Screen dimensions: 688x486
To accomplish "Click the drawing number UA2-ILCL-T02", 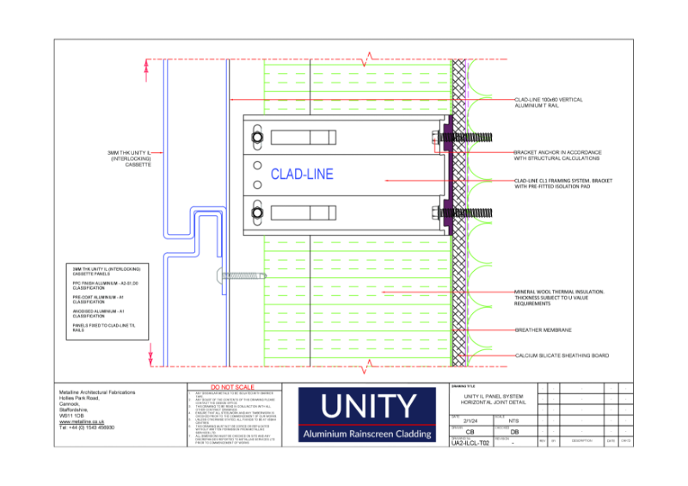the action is [x=470, y=443].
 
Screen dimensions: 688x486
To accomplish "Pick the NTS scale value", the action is [x=514, y=421].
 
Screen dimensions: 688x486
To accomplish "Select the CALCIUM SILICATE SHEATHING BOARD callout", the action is [x=562, y=354].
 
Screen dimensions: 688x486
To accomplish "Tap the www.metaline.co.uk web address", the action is [x=83, y=422].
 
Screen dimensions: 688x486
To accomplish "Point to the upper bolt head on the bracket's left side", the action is [x=256, y=138].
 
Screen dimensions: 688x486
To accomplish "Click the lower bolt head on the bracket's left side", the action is [x=256, y=212].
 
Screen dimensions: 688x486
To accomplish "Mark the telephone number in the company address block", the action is [x=86, y=428].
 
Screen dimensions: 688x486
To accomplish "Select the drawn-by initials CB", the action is [x=470, y=432].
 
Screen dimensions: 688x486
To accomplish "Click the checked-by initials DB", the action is [x=514, y=432].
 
